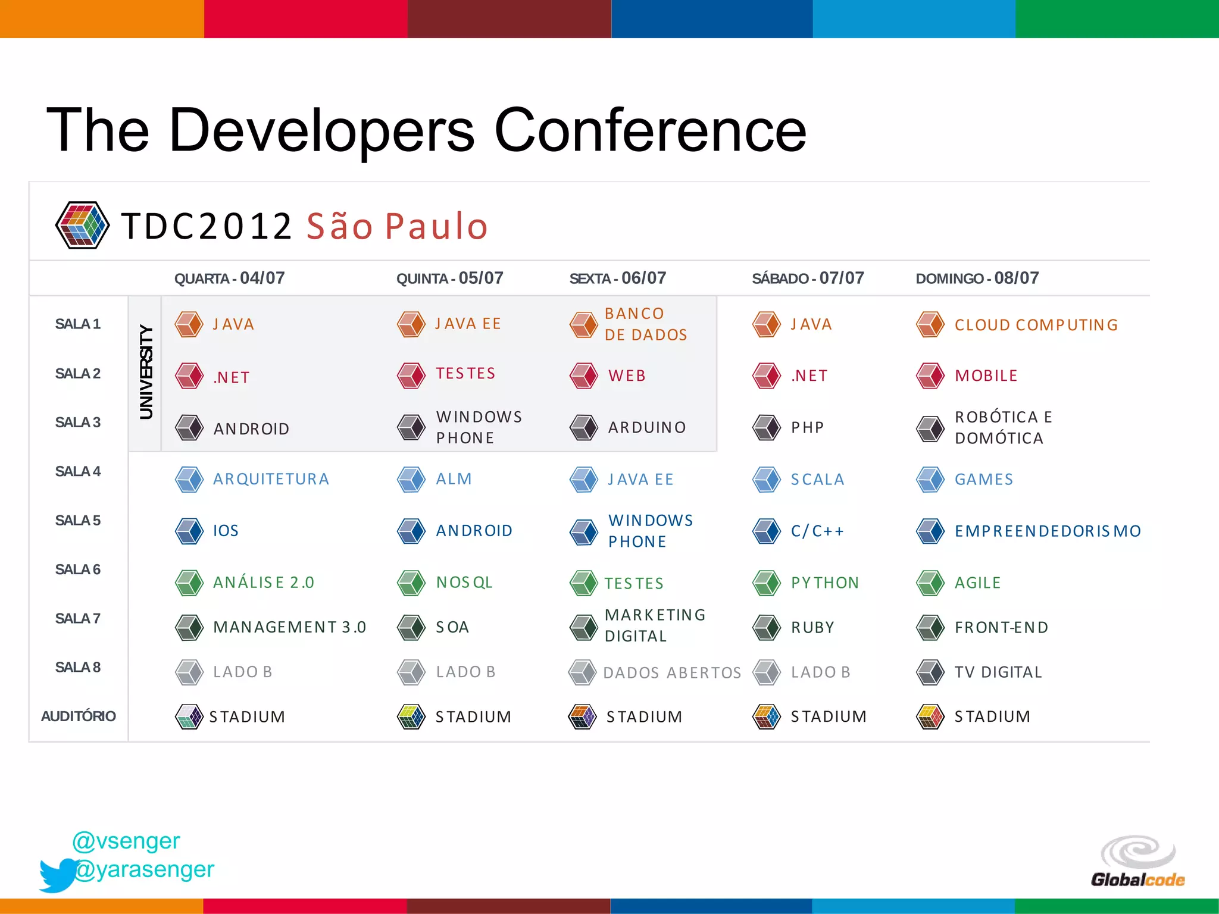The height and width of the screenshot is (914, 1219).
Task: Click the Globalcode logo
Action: pos(1137,862)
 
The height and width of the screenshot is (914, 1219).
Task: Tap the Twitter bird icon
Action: pos(58,874)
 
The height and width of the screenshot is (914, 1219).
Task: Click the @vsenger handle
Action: pos(126,841)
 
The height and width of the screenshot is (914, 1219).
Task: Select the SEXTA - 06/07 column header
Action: pos(617,278)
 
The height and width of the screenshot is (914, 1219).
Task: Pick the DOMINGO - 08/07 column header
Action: pos(977,278)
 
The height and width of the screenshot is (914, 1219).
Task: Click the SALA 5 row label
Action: pos(78,521)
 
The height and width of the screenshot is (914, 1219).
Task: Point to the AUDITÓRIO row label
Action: pos(78,716)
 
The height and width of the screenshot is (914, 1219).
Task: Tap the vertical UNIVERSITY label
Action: pos(146,372)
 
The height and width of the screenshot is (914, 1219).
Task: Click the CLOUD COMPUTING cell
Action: pos(1036,325)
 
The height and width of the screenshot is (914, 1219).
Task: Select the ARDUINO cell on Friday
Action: pos(646,427)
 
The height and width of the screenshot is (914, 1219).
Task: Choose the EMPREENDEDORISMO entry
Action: pos(1048,531)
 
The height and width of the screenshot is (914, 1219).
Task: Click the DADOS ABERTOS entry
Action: pos(671,672)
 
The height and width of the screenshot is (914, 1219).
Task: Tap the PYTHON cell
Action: pos(824,583)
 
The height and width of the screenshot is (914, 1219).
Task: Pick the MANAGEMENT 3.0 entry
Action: pos(289,627)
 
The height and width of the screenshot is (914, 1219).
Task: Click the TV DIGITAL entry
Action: pos(998,672)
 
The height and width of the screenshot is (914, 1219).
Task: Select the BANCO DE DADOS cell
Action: pos(646,324)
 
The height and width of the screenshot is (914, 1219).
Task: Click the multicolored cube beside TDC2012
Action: pos(82,225)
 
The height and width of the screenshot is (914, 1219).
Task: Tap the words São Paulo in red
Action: pos(397,226)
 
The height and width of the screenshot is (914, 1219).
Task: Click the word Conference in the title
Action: pos(650,130)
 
